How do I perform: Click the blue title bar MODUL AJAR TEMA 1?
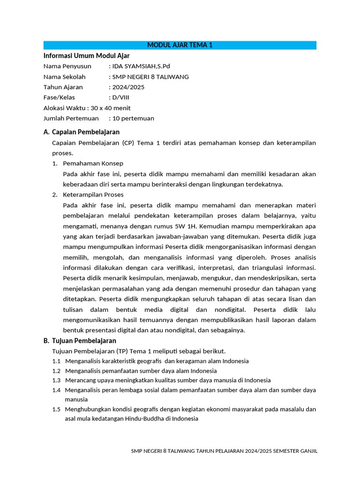pyautogui.click(x=180, y=45)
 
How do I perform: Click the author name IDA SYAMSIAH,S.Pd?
pyautogui.click(x=138, y=66)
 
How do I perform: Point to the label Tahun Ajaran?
pyautogui.click(x=63, y=87)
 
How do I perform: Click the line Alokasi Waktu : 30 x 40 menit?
pyautogui.click(x=87, y=108)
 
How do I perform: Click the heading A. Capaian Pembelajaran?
pyautogui.click(x=82, y=132)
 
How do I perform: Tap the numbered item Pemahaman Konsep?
pyautogui.click(x=93, y=164)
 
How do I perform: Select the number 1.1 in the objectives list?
pyautogui.click(x=57, y=361)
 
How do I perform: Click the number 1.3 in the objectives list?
pyautogui.click(x=57, y=381)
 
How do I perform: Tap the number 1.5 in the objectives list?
pyautogui.click(x=57, y=409)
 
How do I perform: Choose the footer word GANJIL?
pyautogui.click(x=308, y=451)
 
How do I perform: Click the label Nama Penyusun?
pyautogui.click(x=67, y=66)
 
